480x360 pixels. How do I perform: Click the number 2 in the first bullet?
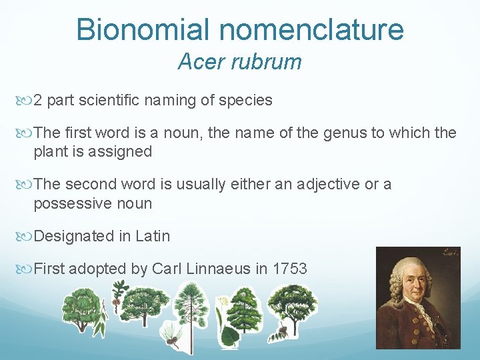point(38,101)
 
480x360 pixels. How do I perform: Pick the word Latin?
point(152,236)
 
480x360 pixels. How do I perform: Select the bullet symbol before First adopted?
point(26,269)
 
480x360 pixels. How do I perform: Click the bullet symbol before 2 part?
point(26,101)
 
